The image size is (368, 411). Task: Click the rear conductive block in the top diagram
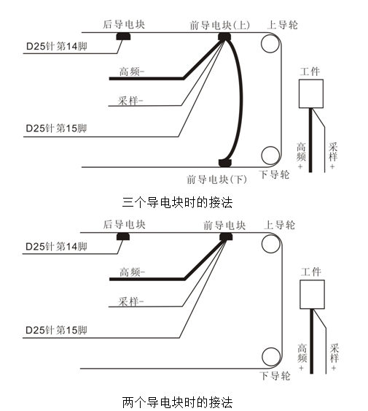coord(123,37)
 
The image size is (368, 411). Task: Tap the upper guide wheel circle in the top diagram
coord(270,44)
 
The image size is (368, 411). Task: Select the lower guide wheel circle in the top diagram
coord(270,155)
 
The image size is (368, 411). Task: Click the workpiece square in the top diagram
coord(311,94)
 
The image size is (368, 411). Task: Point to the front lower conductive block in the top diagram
coord(225,163)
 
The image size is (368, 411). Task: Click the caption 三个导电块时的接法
coord(177,203)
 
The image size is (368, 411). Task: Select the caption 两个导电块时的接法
coord(177,402)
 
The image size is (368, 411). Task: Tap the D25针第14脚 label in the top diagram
coord(57,47)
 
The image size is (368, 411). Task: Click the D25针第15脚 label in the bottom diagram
coord(56,330)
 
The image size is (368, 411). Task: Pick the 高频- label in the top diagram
coord(132,72)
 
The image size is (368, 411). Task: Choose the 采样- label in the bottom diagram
coord(131,301)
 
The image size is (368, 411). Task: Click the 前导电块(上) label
coord(219,26)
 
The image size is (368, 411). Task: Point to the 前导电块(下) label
coord(216,180)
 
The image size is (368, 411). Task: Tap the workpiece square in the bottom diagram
coord(312,294)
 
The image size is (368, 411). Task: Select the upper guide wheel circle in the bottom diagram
coord(271,244)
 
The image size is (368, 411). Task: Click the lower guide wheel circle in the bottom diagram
coord(271,357)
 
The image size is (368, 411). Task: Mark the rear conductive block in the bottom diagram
coord(123,237)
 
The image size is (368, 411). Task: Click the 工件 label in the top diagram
coord(310,72)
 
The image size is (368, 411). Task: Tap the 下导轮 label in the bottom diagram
coord(275,376)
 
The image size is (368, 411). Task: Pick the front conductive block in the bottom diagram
coord(226,237)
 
